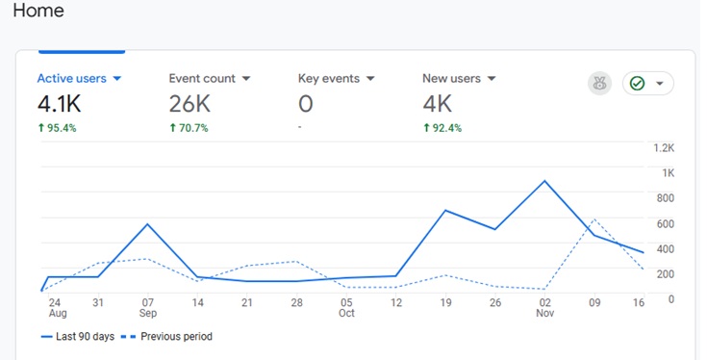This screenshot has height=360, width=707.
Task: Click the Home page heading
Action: click(x=38, y=13)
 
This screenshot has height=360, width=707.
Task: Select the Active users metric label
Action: click(x=73, y=78)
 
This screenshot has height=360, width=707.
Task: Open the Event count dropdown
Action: click(x=246, y=78)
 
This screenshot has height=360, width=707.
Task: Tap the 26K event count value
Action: click(x=189, y=103)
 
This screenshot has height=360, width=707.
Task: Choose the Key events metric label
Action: click(x=329, y=78)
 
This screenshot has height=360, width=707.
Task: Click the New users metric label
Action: click(x=452, y=78)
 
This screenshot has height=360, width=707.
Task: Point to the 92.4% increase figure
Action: click(x=442, y=127)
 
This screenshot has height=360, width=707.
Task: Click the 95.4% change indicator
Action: click(x=57, y=127)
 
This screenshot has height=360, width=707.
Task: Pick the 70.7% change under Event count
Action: click(x=189, y=127)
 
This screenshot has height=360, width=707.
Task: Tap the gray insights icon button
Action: click(x=599, y=84)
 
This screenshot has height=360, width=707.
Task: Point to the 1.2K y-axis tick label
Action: click(x=664, y=148)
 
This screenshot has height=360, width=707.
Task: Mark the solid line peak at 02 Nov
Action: click(x=545, y=181)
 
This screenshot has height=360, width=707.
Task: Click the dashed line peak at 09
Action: click(x=594, y=219)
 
